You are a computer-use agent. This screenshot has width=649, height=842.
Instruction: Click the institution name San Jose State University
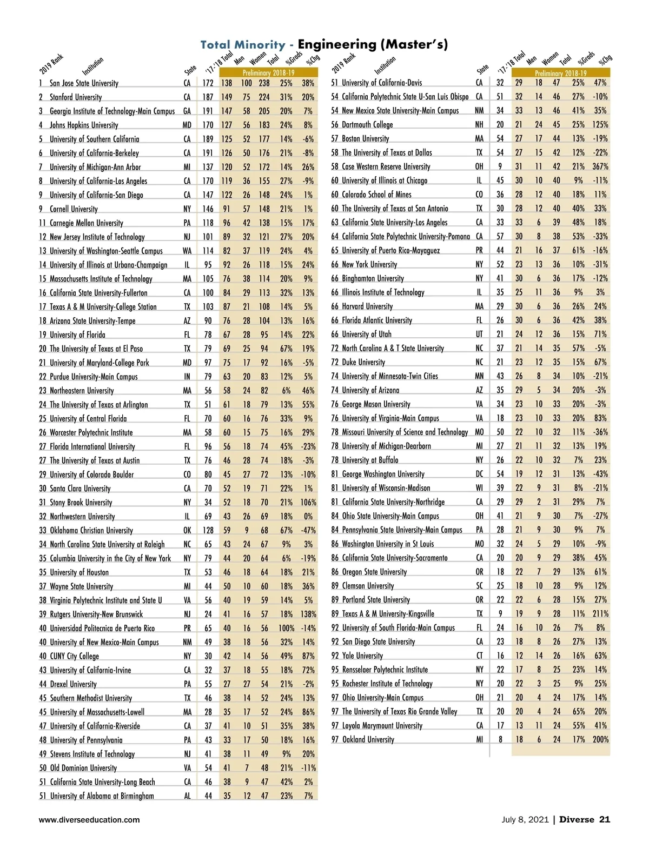(84, 83)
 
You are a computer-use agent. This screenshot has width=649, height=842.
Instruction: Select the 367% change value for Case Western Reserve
(600, 166)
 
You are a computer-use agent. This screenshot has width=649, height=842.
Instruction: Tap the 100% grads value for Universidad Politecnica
(286, 628)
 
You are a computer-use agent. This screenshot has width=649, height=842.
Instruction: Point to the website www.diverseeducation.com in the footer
(89, 819)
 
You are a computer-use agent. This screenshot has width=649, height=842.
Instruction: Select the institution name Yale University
(362, 656)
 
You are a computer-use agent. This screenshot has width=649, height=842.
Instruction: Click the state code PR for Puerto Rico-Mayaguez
(479, 251)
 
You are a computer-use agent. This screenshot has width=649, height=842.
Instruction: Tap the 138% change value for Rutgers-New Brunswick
(308, 614)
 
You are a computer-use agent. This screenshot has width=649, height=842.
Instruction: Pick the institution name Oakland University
(368, 739)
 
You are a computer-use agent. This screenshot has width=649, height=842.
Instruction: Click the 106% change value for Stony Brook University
(308, 502)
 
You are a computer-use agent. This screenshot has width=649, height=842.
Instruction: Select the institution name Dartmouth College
(367, 125)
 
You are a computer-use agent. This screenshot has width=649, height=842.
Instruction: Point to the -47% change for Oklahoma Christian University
(308, 530)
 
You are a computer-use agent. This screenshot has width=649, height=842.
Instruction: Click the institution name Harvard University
(367, 306)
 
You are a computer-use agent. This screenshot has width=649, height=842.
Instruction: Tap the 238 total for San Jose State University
(264, 83)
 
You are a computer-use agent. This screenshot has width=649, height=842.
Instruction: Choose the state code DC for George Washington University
(479, 474)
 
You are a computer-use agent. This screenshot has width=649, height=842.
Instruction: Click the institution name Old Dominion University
(83, 767)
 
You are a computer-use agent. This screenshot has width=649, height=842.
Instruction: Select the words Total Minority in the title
(243, 45)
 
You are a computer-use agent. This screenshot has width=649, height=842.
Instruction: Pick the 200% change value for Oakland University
(600, 739)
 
